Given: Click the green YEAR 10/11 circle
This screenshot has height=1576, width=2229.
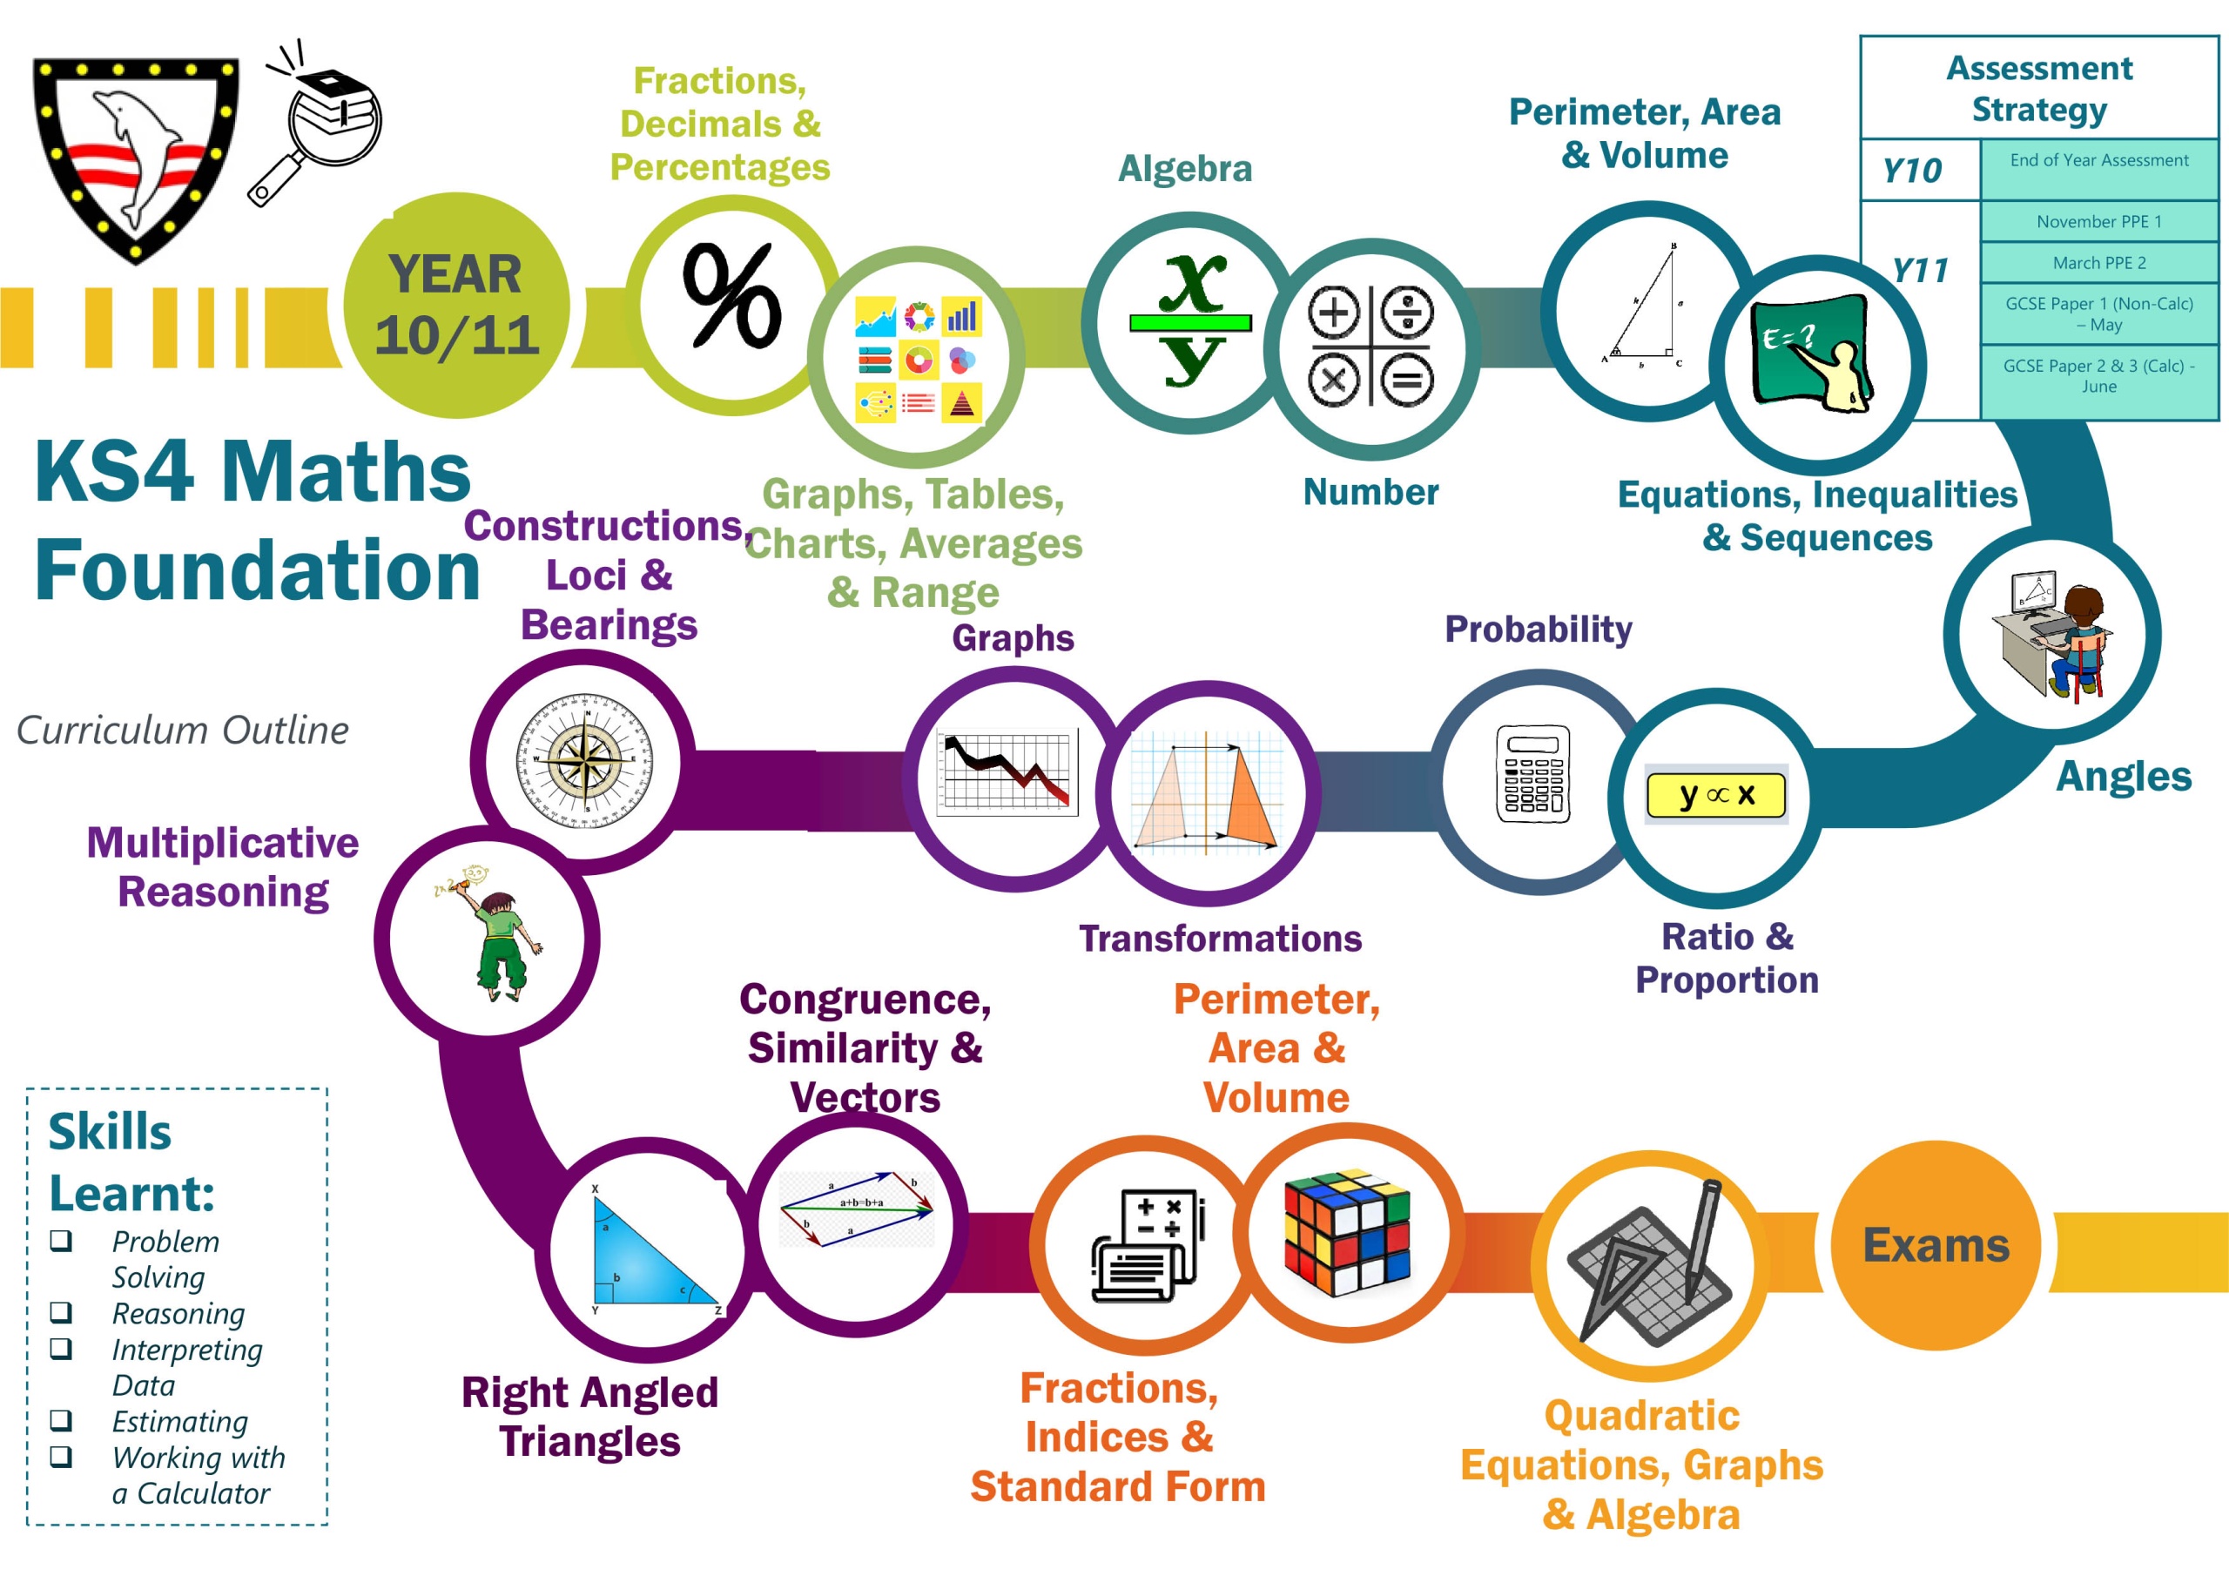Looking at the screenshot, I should point(456,306).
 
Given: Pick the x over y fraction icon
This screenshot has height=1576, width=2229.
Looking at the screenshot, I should point(1191,320).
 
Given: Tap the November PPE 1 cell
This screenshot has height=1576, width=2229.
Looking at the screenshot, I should point(2099,221).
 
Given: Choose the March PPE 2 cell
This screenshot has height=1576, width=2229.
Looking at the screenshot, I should point(2099,263).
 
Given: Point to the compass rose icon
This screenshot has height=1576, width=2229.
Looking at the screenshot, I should point(584,759).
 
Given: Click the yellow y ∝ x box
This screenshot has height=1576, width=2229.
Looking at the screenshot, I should point(1715,795).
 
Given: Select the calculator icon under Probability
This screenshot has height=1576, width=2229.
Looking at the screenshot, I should point(1533,774).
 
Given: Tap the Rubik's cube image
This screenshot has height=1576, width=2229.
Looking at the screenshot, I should point(1348,1233).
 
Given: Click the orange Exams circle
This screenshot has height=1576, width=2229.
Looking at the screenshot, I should point(1936,1245).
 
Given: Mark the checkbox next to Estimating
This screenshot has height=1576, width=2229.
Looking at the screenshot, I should point(61,1421).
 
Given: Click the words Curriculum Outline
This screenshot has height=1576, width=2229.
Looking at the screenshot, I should point(183,731).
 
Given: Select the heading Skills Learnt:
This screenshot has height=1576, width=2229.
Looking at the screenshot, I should point(131,1162).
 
